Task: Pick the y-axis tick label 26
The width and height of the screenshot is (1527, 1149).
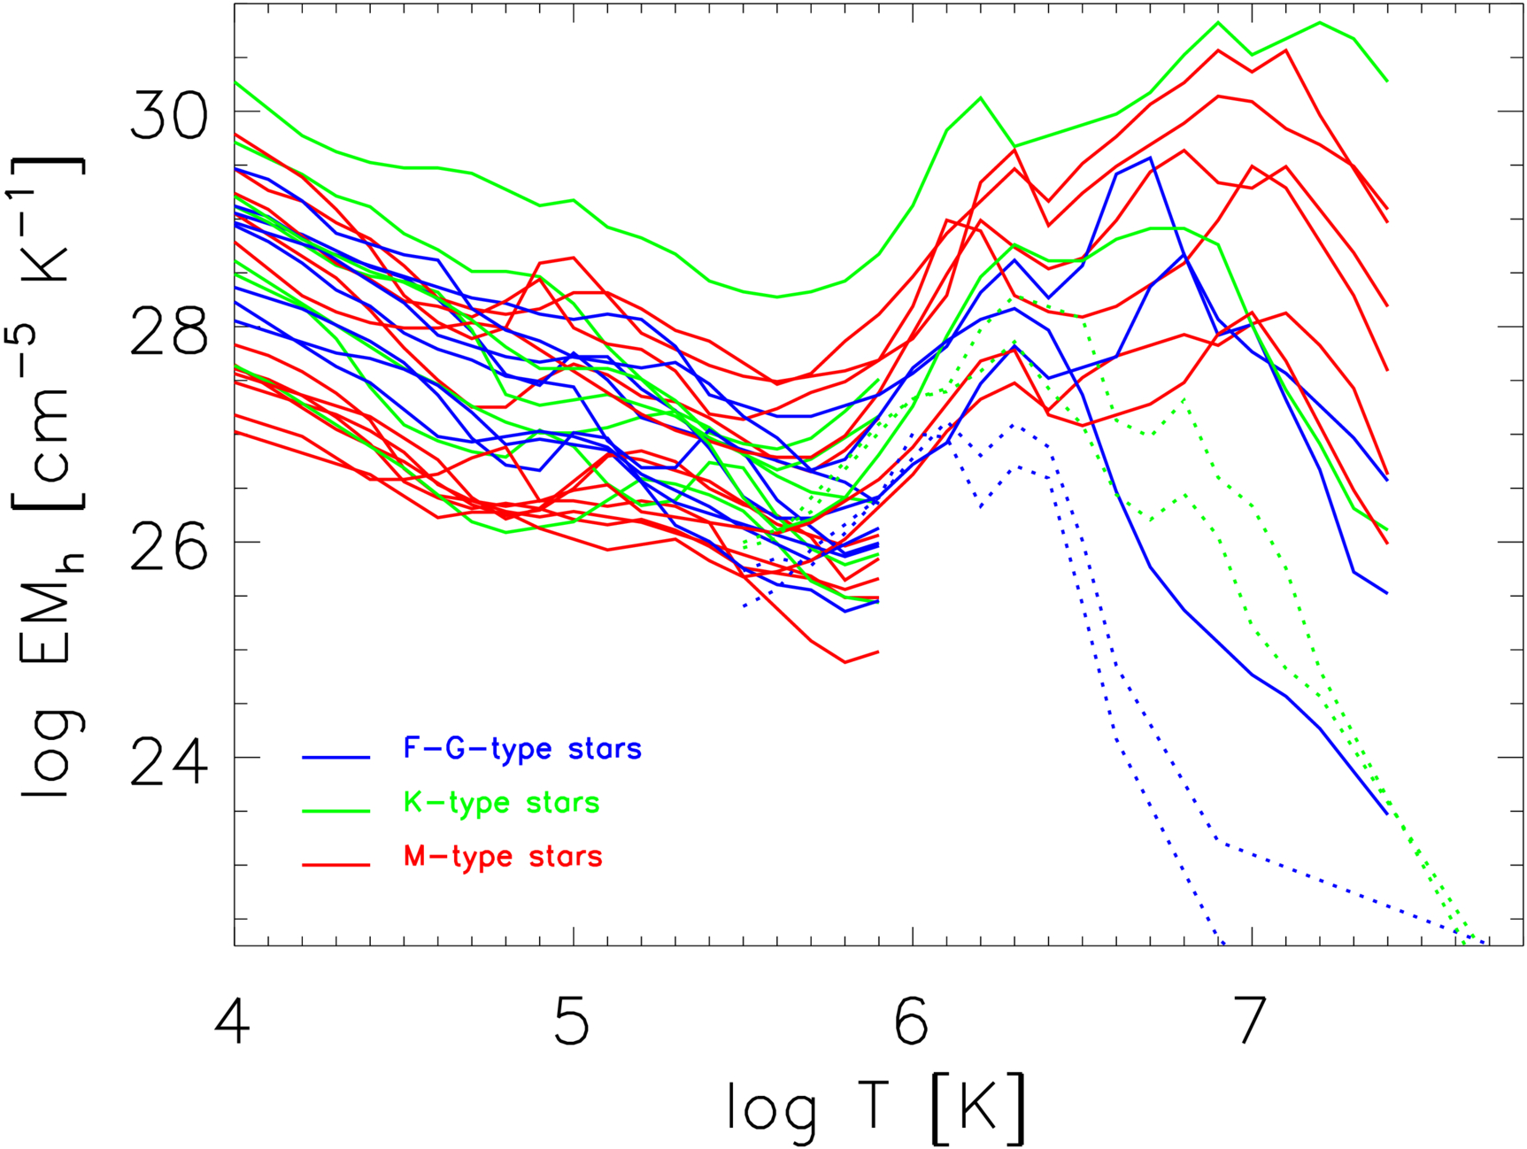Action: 169,546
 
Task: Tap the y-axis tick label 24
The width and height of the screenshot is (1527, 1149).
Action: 169,762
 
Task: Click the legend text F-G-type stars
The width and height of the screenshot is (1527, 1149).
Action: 522,749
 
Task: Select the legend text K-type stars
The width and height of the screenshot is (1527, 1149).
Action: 502,803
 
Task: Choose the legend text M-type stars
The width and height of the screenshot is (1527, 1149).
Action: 503,857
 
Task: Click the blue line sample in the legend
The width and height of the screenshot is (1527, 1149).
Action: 335,757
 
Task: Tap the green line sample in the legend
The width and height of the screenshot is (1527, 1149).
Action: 335,811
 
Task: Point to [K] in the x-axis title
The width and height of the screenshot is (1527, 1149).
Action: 978,1107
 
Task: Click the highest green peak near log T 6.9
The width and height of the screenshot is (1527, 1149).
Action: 1218,22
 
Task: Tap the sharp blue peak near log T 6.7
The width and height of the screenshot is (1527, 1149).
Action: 1150,158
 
